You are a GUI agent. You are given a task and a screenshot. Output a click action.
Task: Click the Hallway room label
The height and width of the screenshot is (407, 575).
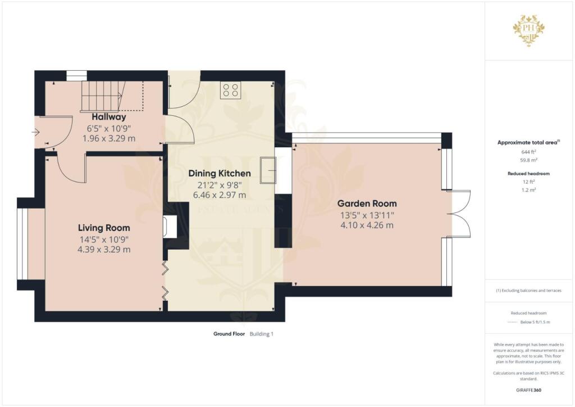[109, 117]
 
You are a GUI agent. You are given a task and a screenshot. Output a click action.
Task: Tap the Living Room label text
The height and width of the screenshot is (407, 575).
[104, 228]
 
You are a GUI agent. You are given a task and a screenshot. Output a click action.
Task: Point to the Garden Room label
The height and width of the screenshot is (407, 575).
[367, 203]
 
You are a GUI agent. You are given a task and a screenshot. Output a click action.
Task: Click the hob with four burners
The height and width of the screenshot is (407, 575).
[230, 90]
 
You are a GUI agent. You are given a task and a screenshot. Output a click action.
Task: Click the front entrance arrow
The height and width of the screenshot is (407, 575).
[35, 133]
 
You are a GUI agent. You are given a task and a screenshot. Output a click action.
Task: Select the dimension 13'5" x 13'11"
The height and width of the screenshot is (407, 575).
[367, 215]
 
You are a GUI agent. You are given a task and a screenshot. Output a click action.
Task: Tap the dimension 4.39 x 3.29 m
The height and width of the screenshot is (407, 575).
[104, 250]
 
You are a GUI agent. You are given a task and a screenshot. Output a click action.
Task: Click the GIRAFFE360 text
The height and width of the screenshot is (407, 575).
[530, 390]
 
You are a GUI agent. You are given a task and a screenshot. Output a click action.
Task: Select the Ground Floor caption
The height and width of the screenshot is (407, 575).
[229, 334]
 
